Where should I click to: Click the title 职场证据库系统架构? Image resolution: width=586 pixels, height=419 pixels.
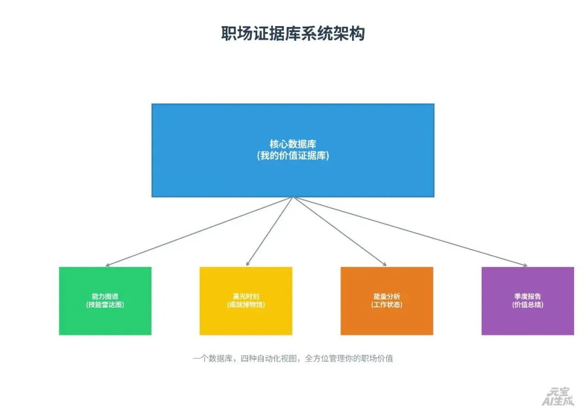click(293, 34)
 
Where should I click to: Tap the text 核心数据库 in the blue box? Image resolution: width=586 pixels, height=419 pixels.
click(293, 144)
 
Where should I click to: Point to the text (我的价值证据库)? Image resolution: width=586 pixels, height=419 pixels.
click(293, 156)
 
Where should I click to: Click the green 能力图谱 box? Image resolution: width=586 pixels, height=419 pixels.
click(105, 320)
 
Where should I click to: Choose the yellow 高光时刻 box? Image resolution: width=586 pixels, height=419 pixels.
click(246, 320)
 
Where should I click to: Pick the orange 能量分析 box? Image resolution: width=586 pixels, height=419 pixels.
click(387, 320)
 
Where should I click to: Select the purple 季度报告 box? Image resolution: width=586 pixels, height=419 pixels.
click(527, 320)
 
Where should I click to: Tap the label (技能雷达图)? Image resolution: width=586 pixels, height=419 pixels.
click(105, 305)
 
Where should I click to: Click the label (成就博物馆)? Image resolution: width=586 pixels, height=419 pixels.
click(246, 305)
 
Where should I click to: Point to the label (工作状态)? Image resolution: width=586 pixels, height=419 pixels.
click(387, 305)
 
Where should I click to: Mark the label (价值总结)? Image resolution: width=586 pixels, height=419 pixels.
click(527, 305)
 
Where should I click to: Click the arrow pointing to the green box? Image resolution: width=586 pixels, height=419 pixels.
click(199, 232)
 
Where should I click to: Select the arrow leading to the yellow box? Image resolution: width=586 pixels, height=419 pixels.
click(270, 232)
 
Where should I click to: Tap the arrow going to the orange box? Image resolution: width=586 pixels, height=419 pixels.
click(340, 232)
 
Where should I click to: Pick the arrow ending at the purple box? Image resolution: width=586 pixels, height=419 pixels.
click(410, 232)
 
